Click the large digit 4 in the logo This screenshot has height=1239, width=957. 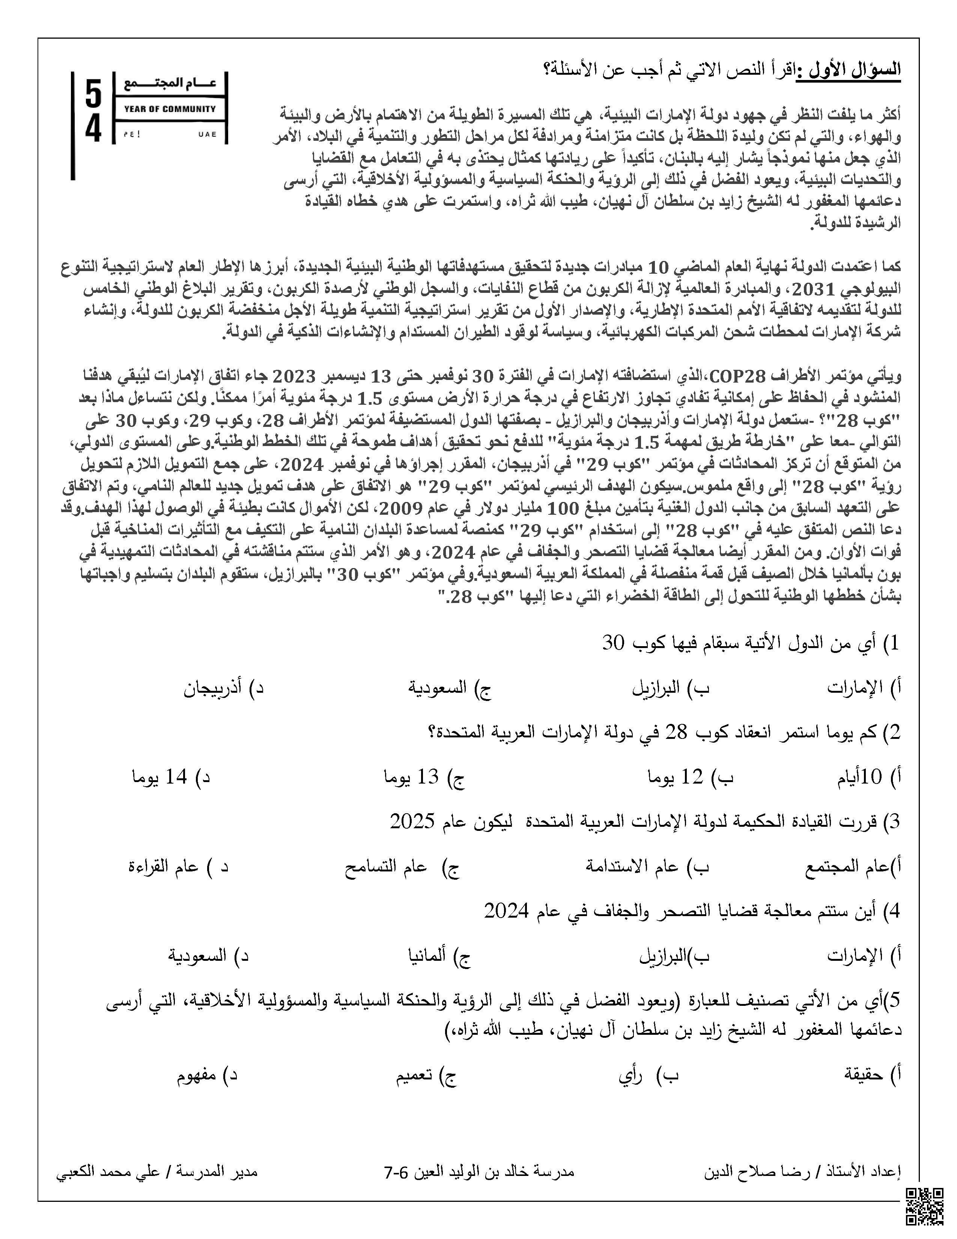[93, 130]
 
